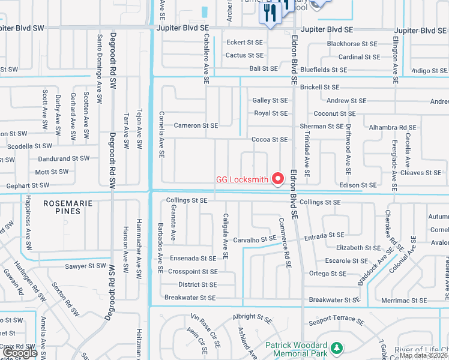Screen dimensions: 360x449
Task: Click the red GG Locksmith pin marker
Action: click(x=278, y=178)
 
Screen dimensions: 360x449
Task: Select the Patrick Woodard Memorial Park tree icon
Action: click(x=337, y=347)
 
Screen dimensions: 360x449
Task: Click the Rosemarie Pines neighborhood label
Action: click(x=68, y=207)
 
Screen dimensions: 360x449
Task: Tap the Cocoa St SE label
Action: click(x=270, y=139)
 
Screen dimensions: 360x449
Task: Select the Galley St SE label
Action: click(x=270, y=101)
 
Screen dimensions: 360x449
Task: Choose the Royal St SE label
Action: click(x=271, y=113)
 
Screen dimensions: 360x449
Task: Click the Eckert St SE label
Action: click(x=244, y=43)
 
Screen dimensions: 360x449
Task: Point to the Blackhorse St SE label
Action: click(x=352, y=44)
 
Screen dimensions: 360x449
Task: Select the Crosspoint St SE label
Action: click(x=193, y=271)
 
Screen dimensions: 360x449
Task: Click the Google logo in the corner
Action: click(x=21, y=353)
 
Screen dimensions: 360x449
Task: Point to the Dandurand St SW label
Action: click(x=63, y=158)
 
